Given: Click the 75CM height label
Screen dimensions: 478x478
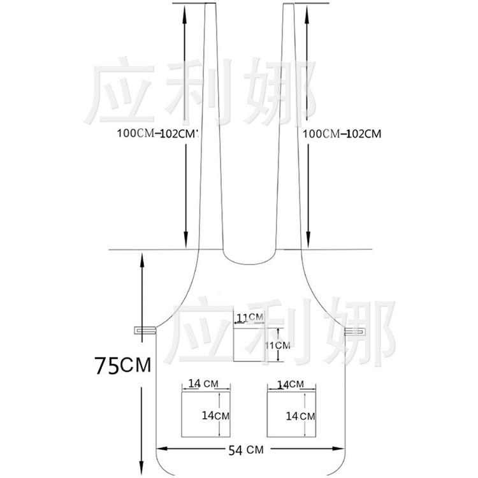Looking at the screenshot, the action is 123,365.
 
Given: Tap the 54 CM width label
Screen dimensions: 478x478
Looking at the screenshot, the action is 246,450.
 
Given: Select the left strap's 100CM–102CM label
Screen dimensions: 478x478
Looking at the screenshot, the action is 158,134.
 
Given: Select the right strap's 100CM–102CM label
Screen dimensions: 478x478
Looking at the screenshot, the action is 342,134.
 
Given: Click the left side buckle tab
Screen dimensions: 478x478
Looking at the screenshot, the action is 145,330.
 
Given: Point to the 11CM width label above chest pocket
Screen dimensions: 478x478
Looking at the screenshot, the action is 250,317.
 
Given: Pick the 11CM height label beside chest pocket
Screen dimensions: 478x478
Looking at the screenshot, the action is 277,345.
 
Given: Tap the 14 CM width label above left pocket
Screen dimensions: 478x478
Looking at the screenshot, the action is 203,383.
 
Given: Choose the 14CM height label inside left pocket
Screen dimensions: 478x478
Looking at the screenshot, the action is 215,415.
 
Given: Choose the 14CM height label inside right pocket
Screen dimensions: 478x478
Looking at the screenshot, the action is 300,416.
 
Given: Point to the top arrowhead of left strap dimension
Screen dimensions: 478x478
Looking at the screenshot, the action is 184,10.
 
